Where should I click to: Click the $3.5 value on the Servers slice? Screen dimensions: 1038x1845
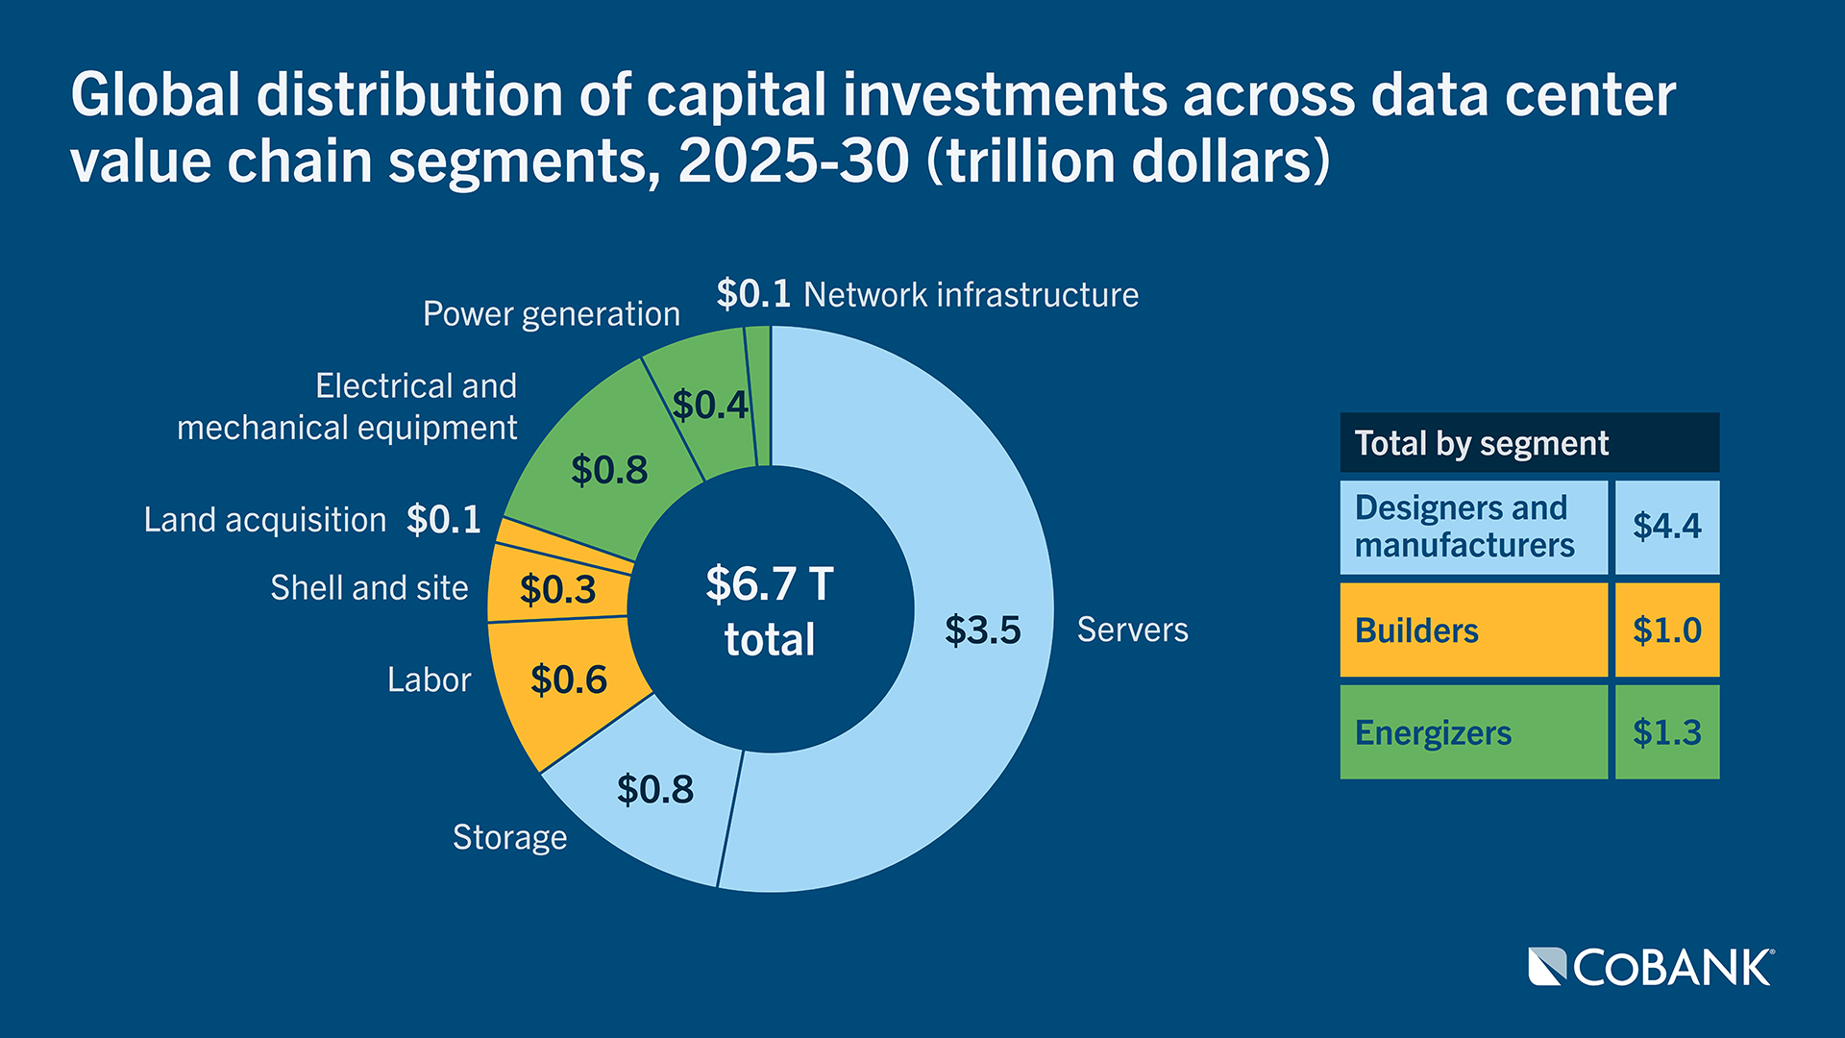point(982,630)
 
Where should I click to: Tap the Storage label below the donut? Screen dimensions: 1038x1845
point(509,837)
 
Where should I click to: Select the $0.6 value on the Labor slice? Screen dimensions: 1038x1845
point(569,680)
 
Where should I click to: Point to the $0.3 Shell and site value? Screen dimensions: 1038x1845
point(557,589)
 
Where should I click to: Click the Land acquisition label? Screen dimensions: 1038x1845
point(264,520)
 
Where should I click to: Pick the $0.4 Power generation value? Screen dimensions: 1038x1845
point(709,406)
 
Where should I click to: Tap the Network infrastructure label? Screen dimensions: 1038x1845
point(971,295)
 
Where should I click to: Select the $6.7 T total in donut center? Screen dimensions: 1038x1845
point(769,611)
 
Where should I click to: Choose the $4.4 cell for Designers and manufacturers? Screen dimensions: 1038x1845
point(1666,527)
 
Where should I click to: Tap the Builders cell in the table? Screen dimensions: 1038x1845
point(1472,630)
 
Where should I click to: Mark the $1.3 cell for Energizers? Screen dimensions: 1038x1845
point(1666,732)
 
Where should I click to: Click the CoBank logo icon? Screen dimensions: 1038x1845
point(1547,967)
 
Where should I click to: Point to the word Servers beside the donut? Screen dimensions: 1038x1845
point(1132,630)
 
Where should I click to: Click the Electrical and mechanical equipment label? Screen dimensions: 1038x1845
point(348,407)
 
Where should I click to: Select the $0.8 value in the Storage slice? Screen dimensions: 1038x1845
point(654,790)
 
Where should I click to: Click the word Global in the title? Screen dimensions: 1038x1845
point(155,95)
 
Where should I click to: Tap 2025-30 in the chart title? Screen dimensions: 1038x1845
point(793,161)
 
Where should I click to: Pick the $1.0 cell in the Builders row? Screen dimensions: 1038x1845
point(1666,630)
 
